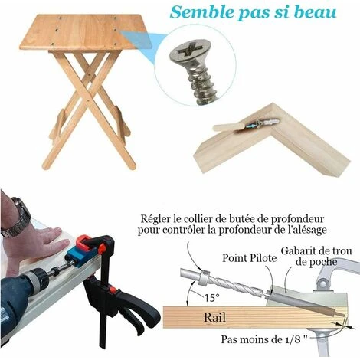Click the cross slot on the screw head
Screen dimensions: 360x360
click(190, 51)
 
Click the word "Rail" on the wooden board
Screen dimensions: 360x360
click(214, 317)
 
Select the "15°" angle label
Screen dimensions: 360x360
click(212, 297)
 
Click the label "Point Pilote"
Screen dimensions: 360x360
click(250, 258)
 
